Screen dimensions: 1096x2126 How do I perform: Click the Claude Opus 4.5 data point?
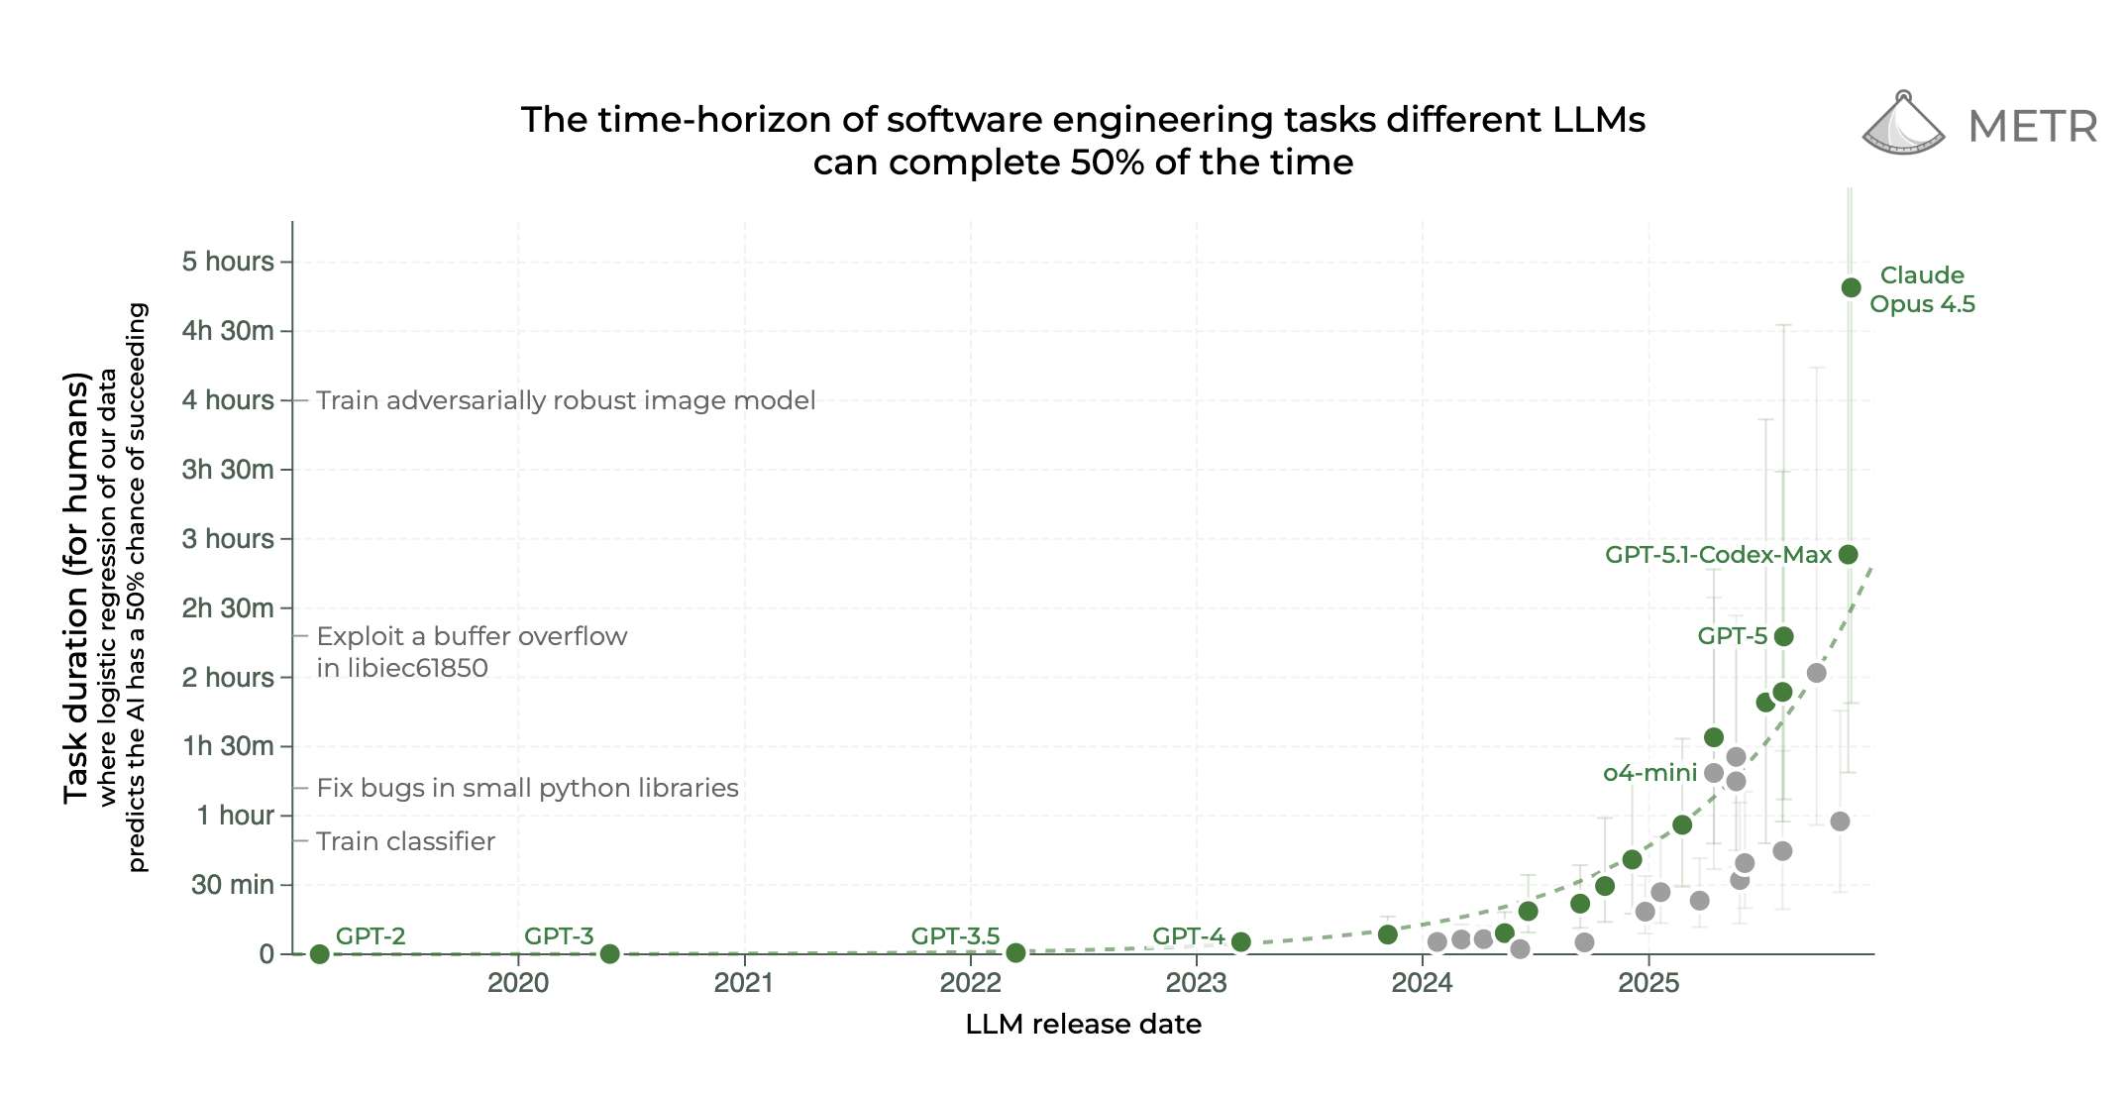(1851, 287)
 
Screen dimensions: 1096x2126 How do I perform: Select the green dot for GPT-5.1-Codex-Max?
(1848, 554)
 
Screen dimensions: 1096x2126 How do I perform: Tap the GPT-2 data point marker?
(319, 954)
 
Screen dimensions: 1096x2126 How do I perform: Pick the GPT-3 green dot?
(609, 954)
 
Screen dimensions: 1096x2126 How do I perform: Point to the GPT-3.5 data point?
(1015, 953)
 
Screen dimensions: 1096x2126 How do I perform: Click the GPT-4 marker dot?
(1240, 941)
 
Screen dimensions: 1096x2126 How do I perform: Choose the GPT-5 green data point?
(1783, 636)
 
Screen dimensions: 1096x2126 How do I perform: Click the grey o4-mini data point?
(1714, 773)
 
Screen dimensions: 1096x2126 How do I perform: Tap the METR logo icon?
(1903, 125)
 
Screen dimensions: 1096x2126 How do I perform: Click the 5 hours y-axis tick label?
(227, 262)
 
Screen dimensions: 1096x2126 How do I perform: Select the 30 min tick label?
(232, 884)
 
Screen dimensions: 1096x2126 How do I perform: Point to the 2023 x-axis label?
(1196, 983)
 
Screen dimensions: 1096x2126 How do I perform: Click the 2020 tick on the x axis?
(518, 983)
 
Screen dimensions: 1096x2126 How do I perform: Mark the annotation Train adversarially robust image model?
(566, 400)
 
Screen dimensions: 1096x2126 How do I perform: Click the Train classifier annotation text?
(405, 841)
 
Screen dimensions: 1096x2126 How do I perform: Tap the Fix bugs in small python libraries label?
(527, 788)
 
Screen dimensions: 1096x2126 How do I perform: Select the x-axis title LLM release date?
(1083, 1024)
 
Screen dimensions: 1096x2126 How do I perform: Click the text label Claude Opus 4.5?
(1922, 289)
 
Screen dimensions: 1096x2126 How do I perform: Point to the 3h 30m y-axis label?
(227, 469)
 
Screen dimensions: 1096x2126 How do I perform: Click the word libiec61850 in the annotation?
(402, 668)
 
